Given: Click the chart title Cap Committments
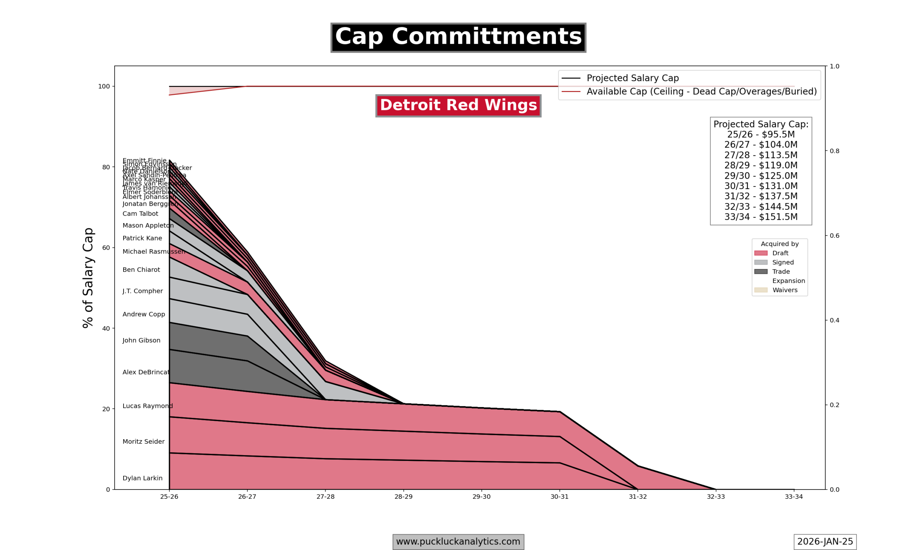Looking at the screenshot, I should pyautogui.click(x=458, y=38).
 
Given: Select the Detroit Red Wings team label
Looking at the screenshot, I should pyautogui.click(x=458, y=106).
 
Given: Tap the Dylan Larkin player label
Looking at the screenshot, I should pyautogui.click(x=142, y=478).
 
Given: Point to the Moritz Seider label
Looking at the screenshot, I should pyautogui.click(x=143, y=442).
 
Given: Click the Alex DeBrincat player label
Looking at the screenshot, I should pyautogui.click(x=146, y=372).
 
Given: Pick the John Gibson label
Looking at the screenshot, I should pyautogui.click(x=141, y=340).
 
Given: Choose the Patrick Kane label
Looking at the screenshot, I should pyautogui.click(x=142, y=238).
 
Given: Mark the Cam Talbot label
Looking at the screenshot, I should pyautogui.click(x=140, y=214).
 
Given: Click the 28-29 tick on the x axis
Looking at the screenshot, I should pyautogui.click(x=403, y=497).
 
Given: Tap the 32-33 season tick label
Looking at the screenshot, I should pyautogui.click(x=715, y=497).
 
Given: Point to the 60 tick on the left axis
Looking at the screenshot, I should pyautogui.click(x=106, y=248).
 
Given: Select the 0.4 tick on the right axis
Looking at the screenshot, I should pyautogui.click(x=834, y=320).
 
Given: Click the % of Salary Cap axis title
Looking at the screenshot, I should pyautogui.click(x=88, y=278).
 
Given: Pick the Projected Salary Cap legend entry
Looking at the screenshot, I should pyautogui.click(x=632, y=78).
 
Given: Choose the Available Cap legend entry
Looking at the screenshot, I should pyautogui.click(x=701, y=92).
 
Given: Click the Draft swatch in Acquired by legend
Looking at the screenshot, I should pyautogui.click(x=760, y=253).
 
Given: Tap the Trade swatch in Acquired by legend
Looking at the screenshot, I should pyautogui.click(x=760, y=272).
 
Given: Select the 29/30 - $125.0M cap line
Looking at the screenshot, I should pyautogui.click(x=760, y=176).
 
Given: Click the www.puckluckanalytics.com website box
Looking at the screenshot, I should pyautogui.click(x=458, y=541).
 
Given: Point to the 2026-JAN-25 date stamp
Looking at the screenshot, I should pyautogui.click(x=825, y=541).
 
